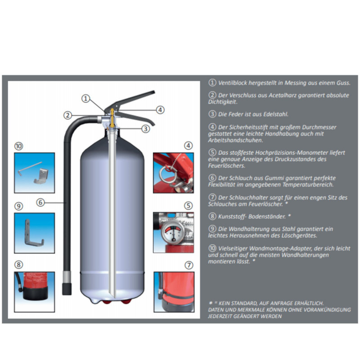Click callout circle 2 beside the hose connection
[67, 115]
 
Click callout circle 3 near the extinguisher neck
[145, 129]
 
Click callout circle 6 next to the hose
[40, 202]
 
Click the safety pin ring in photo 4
[163, 173]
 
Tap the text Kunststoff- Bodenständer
[252, 216]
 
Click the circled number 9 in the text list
[212, 229]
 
